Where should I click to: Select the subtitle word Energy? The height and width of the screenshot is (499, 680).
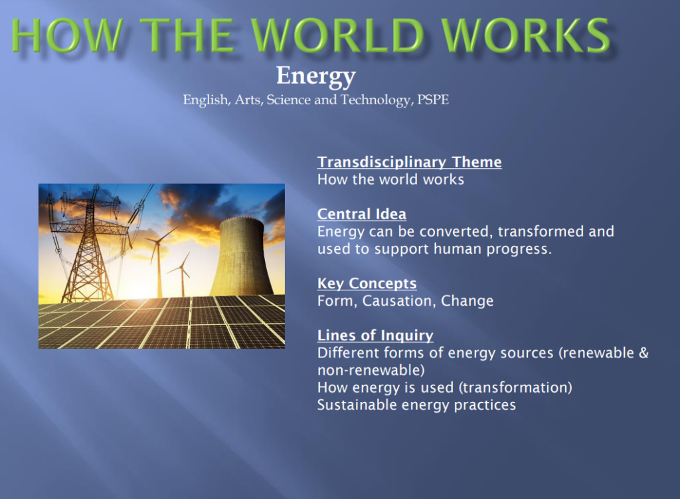[315, 76]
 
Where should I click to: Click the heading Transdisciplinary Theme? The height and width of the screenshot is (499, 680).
[409, 162]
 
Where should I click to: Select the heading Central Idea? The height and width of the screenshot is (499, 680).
[361, 214]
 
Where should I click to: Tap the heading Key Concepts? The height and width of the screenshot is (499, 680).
[367, 284]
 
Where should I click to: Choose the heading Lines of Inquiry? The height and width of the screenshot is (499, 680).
[375, 336]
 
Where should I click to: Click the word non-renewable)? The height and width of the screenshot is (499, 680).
[371, 370]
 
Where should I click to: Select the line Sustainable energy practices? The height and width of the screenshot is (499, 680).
[416, 405]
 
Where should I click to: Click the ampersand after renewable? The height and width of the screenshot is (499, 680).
[643, 353]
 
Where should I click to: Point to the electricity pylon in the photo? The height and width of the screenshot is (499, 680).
[88, 246]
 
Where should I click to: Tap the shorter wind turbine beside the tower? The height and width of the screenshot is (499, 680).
[182, 276]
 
